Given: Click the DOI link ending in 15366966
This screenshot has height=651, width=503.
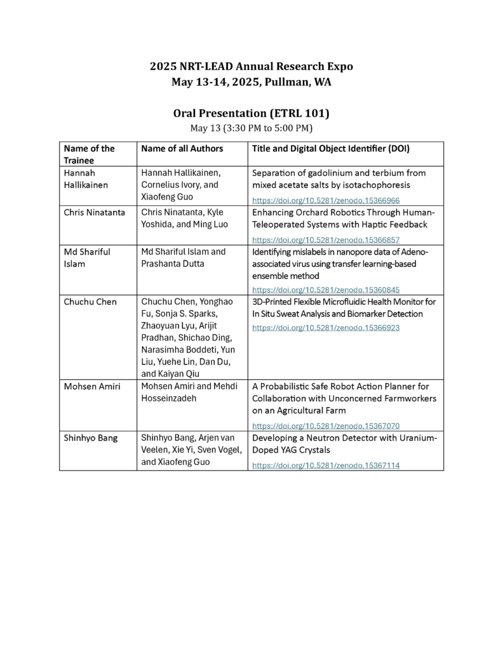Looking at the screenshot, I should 326,200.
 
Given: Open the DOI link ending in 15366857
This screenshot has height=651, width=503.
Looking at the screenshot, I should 326,241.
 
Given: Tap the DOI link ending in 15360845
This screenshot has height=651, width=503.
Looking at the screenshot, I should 326,290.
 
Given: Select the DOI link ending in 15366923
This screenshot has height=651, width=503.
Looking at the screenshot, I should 326,328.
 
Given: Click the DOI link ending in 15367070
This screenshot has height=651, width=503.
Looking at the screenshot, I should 326,426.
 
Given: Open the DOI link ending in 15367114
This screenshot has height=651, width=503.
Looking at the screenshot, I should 326,465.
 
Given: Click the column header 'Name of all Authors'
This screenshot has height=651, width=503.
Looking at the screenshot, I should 182,149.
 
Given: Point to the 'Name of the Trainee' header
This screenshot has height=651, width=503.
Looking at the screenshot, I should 89,154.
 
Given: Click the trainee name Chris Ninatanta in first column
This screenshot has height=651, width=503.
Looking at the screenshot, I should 94,212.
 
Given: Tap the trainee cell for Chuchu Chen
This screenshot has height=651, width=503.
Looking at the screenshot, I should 90,302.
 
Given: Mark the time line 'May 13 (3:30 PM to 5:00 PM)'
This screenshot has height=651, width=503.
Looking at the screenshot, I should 251,128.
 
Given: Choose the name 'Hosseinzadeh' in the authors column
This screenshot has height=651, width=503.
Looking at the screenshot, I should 170,398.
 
